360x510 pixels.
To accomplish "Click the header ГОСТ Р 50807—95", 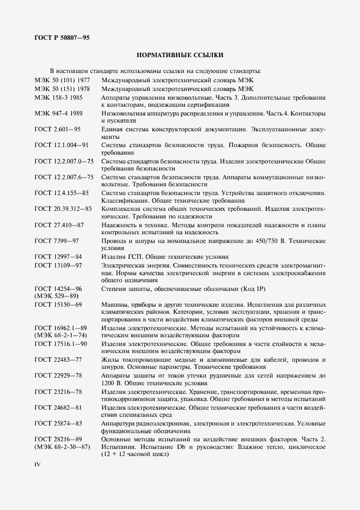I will (62, 38).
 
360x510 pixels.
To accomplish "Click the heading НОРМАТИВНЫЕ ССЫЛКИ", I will (180, 55).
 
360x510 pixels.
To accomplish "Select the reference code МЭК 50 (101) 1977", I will (63, 80).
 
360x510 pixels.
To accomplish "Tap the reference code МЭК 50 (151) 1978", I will (63, 88).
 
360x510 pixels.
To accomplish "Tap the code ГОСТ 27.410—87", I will (59, 224).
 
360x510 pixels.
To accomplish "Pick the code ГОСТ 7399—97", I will (57, 241).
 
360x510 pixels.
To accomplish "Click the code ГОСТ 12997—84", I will (59, 257).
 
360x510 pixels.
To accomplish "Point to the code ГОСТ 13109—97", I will (59, 265).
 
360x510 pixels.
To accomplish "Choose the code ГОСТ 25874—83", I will (59, 423).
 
